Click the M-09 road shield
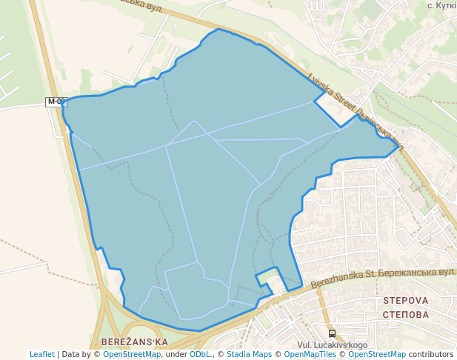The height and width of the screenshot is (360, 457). click(56, 101)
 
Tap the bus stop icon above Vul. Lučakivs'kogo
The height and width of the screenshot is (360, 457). click(332, 333)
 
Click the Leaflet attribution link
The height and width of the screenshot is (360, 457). click(42, 354)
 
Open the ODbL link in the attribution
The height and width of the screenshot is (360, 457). click(199, 354)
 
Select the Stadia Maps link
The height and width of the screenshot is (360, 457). click(249, 354)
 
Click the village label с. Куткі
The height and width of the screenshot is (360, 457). click(441, 5)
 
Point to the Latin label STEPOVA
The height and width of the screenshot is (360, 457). click(406, 301)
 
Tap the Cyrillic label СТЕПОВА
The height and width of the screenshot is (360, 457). click(406, 314)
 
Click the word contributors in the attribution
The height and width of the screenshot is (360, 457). click(431, 354)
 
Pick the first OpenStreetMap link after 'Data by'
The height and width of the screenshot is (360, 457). click(132, 354)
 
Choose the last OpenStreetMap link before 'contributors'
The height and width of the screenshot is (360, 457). click(377, 354)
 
